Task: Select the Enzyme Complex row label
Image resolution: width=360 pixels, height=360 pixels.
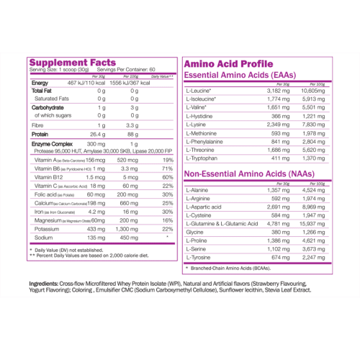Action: (x=50, y=145)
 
